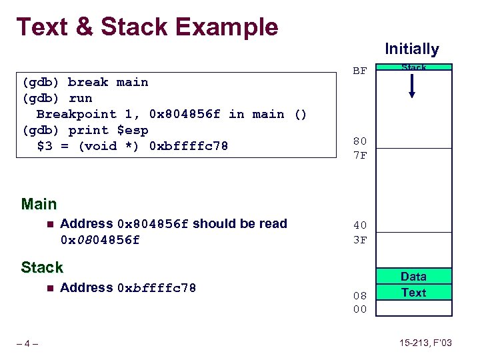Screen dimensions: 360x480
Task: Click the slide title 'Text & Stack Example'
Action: pyautogui.click(x=147, y=27)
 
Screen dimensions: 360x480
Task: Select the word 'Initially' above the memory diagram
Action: pyautogui.click(x=411, y=49)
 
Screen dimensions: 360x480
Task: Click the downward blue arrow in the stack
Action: pyautogui.click(x=412, y=85)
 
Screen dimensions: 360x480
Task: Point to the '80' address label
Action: pyautogui.click(x=360, y=141)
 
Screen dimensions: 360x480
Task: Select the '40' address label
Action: pyautogui.click(x=360, y=225)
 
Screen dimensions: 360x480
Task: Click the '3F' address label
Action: pyautogui.click(x=360, y=240)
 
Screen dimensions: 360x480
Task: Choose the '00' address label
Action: pyautogui.click(x=360, y=309)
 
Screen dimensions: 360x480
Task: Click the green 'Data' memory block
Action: pyautogui.click(x=413, y=276)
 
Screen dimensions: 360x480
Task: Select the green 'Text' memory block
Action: pyautogui.click(x=413, y=292)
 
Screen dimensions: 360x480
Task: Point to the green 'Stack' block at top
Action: pyautogui.click(x=413, y=67)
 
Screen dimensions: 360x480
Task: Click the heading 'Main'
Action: pyautogui.click(x=39, y=204)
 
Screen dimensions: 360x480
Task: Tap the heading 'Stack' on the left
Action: pyautogui.click(x=41, y=267)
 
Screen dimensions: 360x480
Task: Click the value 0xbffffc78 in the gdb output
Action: pyautogui.click(x=189, y=146)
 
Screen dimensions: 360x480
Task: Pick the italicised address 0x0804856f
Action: pyautogui.click(x=100, y=240)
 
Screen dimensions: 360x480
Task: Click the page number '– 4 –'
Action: pyautogui.click(x=27, y=343)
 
